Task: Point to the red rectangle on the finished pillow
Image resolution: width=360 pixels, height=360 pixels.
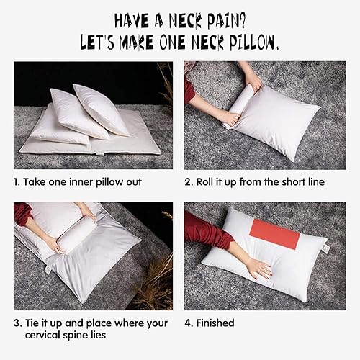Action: (x=274, y=235)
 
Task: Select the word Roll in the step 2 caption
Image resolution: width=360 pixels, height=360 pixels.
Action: (x=210, y=182)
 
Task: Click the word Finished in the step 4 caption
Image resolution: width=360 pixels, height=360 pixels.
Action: (x=215, y=323)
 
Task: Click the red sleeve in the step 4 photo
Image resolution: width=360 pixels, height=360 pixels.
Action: (x=205, y=234)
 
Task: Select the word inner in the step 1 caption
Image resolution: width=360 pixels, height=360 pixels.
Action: (x=79, y=182)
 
